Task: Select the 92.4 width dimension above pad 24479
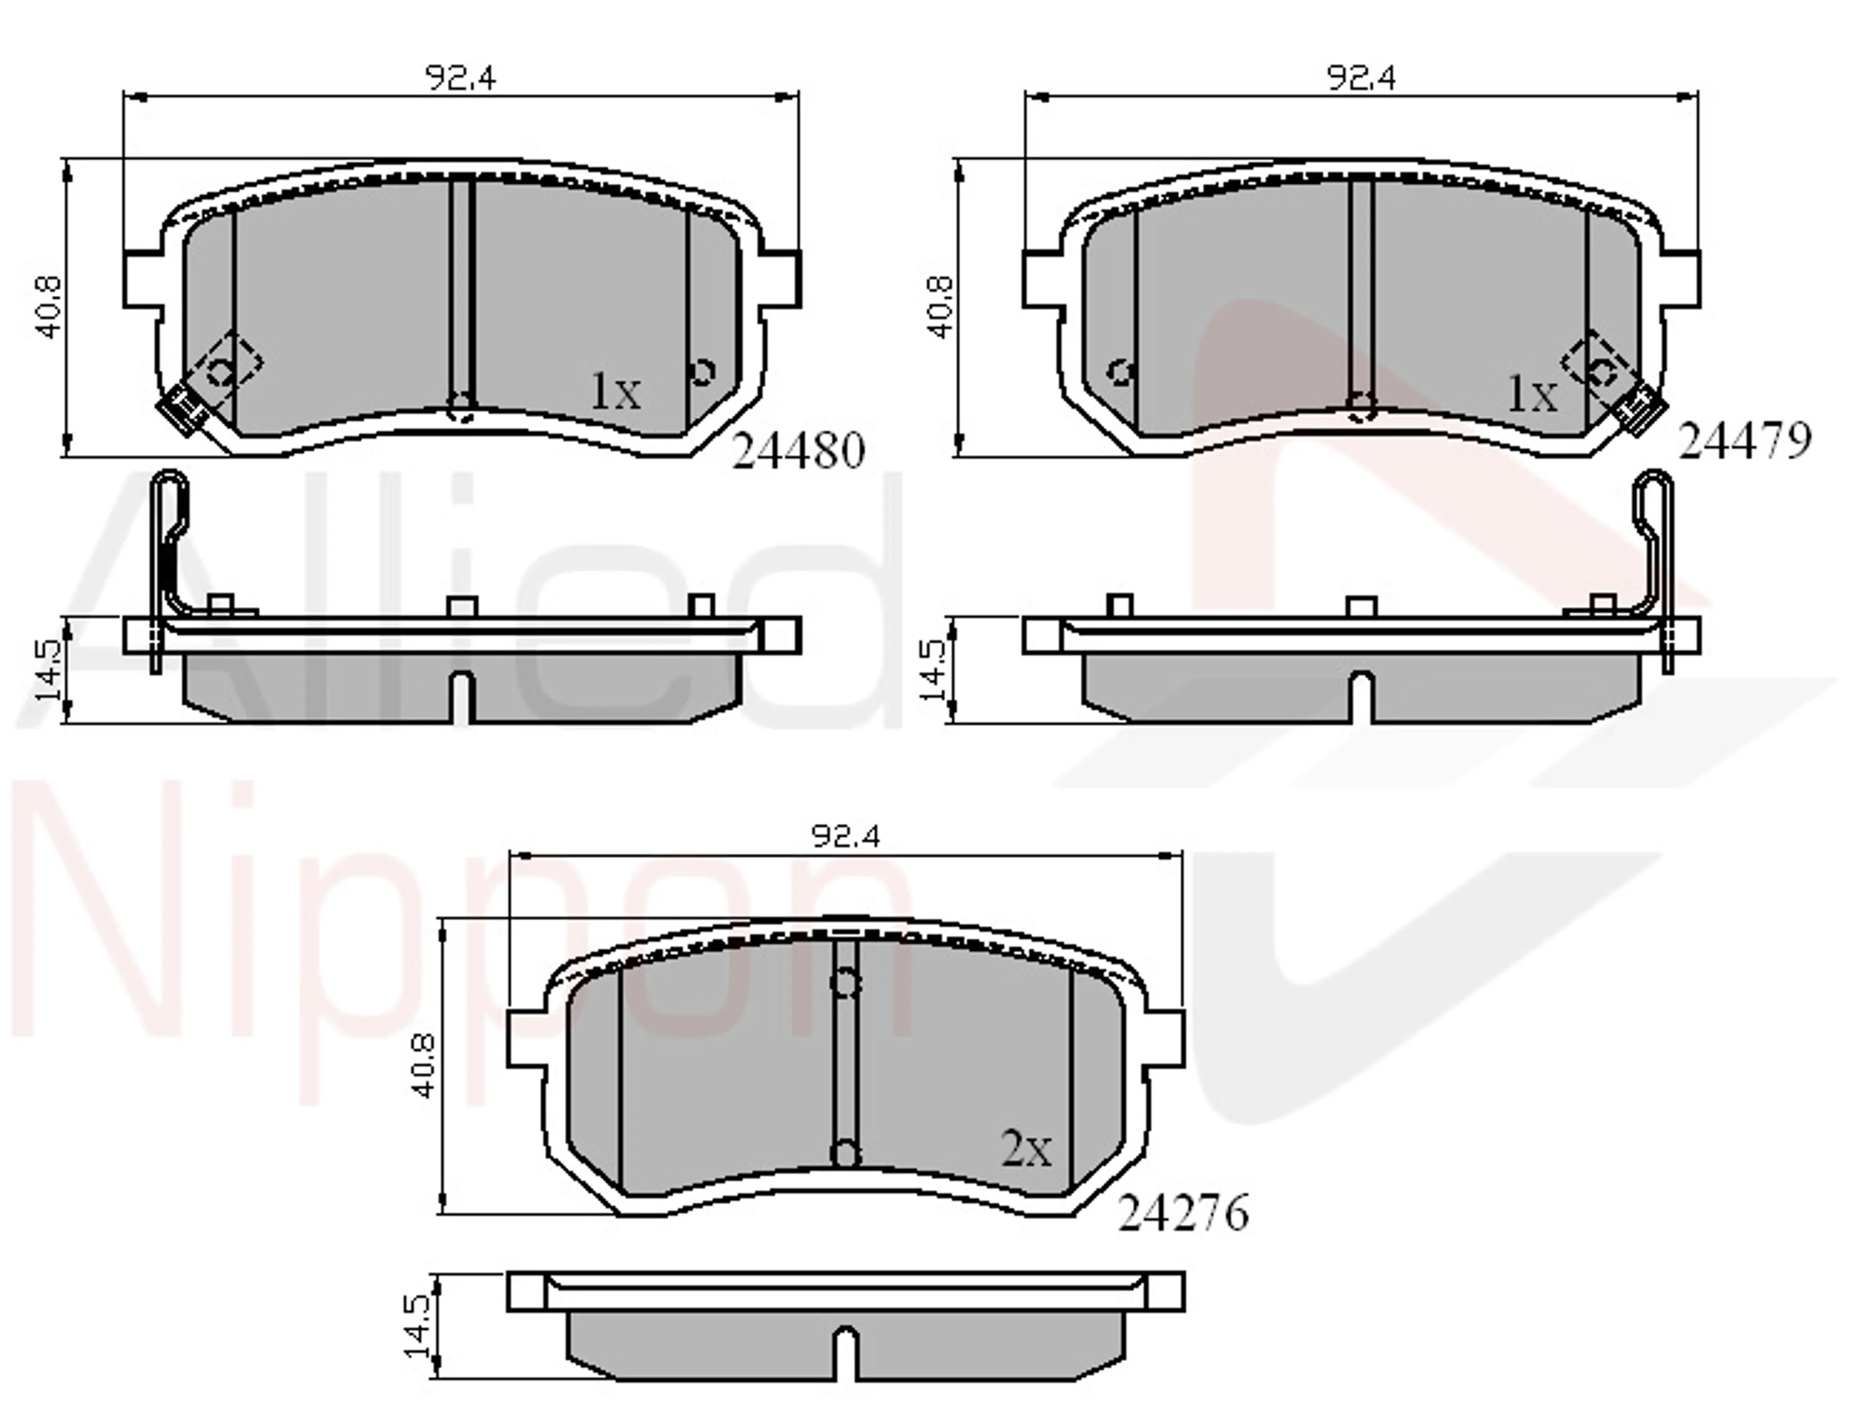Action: tap(1360, 78)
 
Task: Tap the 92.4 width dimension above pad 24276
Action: tap(845, 836)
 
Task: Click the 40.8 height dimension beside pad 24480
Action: tap(49, 307)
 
